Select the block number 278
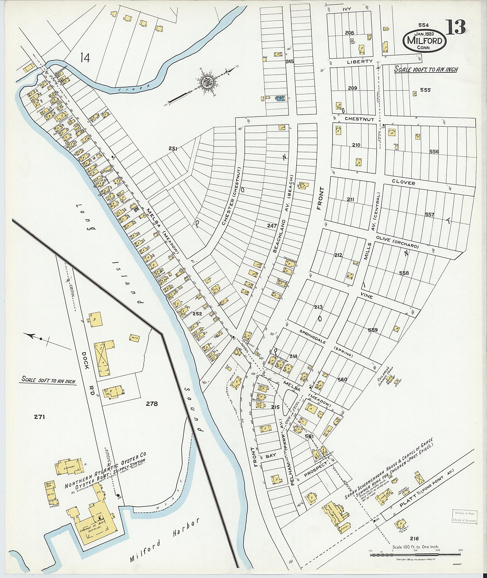click(152, 404)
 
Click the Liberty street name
click(359, 61)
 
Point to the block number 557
click(430, 215)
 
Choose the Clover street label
click(403, 183)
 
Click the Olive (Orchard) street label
click(397, 242)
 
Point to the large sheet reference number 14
click(85, 58)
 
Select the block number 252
click(197, 314)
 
